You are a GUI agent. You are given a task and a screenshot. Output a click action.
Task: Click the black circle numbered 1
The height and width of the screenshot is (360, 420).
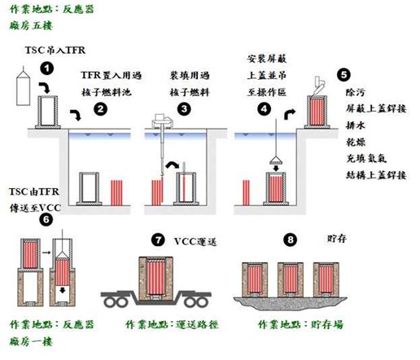47,68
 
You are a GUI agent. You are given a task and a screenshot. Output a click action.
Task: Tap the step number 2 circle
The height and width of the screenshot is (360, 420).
101,109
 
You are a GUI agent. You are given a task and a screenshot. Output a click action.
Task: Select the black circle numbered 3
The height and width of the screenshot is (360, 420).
184,109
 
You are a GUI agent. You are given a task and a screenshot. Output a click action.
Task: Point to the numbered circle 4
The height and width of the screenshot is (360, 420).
264,109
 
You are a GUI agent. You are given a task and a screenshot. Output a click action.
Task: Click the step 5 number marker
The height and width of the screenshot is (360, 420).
343,75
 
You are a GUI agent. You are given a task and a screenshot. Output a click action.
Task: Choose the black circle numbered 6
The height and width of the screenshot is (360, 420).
46,219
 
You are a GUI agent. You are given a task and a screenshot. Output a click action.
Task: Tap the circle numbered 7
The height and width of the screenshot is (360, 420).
158,240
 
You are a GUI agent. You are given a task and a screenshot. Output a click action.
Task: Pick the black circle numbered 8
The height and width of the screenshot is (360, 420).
291,240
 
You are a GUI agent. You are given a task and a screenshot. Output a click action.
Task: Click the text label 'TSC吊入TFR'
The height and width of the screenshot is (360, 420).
55,50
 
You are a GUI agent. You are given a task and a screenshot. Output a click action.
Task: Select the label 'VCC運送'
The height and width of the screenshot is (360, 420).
195,241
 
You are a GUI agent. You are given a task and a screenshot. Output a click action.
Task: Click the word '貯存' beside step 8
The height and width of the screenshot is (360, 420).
337,239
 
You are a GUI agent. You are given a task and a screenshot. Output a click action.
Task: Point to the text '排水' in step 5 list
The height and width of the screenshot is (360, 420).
356,125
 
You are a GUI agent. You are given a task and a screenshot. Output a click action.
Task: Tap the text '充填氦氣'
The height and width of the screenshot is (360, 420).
366,159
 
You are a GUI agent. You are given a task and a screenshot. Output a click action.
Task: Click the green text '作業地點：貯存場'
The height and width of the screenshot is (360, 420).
300,324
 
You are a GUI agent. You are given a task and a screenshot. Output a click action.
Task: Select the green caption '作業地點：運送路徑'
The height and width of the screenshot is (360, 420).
172,324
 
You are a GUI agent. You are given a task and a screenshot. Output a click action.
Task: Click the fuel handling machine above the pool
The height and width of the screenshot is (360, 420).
162,121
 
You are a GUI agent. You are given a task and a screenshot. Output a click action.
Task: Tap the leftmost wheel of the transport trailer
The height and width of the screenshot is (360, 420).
110,302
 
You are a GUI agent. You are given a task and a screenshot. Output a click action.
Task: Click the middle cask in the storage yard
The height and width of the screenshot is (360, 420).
291,279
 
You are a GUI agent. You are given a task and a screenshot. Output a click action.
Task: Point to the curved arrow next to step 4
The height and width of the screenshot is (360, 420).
289,114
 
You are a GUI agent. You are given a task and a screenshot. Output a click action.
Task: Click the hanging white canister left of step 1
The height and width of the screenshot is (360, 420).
24,87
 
